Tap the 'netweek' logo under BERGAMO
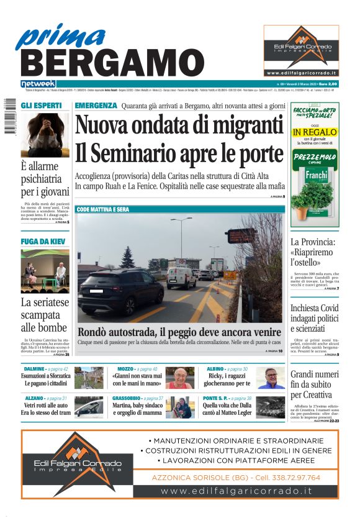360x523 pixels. click(x=38, y=84)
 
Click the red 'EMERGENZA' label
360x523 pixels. click(x=96, y=106)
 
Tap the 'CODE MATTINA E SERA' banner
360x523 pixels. click(x=103, y=210)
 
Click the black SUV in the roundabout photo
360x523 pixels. click(x=119, y=293)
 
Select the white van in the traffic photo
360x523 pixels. click(x=182, y=278)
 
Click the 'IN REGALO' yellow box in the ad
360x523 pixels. click(x=314, y=132)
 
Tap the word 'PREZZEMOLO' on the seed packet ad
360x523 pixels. click(x=314, y=157)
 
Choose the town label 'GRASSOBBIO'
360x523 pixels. click(x=129, y=398)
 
